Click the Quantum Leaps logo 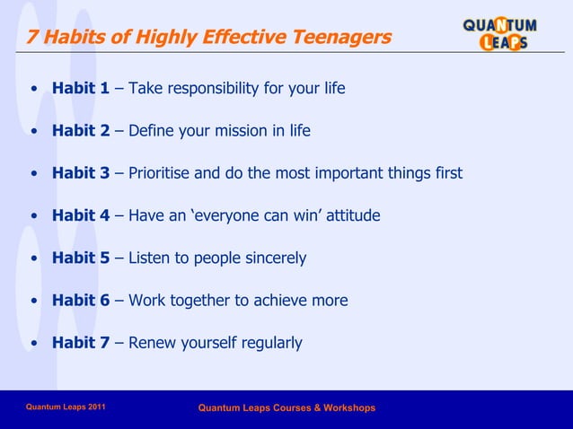[499, 33]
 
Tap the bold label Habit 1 [81, 89]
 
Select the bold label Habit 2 [81, 131]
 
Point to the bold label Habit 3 [81, 173]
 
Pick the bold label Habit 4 [81, 215]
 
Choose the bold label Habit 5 [81, 258]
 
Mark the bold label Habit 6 [81, 301]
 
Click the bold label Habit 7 [81, 343]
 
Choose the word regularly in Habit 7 [269, 343]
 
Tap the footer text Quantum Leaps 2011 [66, 407]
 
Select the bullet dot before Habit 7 [33, 343]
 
